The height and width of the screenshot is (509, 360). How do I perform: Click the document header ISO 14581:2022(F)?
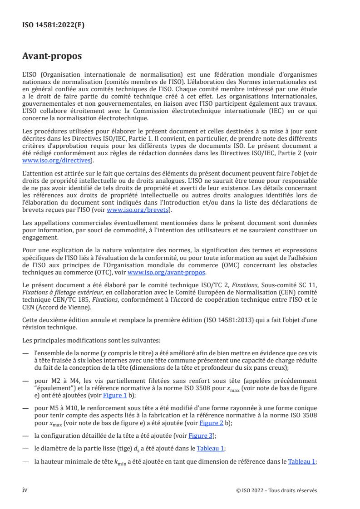(x=53, y=25)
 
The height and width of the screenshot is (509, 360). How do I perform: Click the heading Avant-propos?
(x=53, y=57)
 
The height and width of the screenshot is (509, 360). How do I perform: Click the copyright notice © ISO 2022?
(x=273, y=490)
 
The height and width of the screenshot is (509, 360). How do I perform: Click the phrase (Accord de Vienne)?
(x=57, y=307)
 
